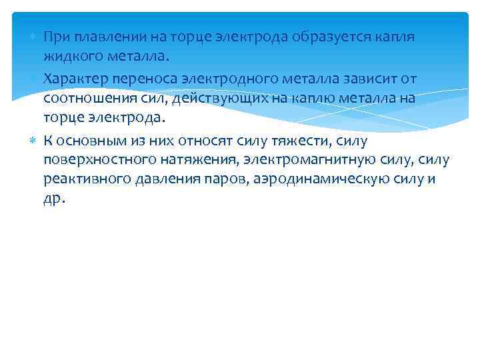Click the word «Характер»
(x=73, y=79)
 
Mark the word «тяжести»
(x=305, y=141)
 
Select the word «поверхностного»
(x=94, y=160)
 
